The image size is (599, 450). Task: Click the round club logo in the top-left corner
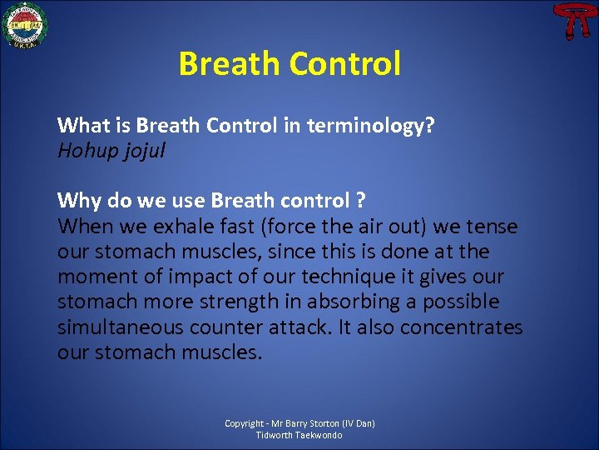[26, 25]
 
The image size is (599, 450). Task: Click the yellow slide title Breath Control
[290, 63]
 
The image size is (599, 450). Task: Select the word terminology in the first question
[371, 126]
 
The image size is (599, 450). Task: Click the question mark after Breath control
[360, 201]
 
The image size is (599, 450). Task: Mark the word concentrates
[462, 327]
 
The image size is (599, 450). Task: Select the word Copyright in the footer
[245, 423]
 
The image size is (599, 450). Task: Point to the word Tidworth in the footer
[275, 435]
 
